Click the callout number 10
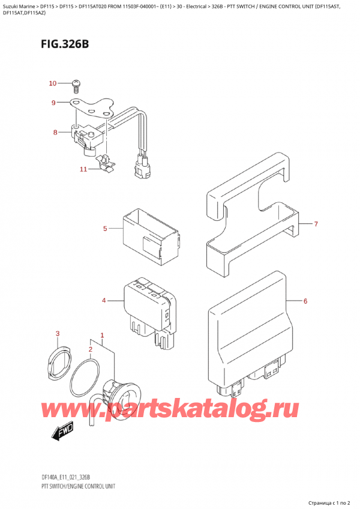52,83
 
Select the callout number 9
54,103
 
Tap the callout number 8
55,132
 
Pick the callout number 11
83,170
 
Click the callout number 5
104,229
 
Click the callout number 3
58,333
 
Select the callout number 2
91,349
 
